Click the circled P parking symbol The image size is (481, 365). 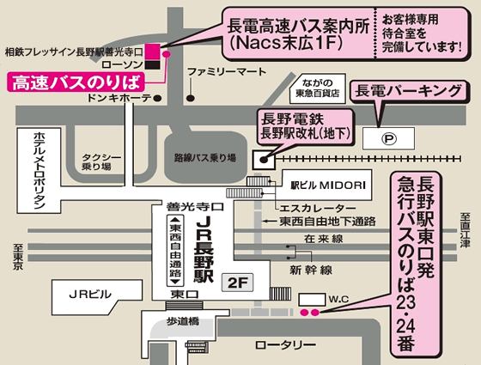[388, 138]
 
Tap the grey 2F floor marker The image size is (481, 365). [237, 283]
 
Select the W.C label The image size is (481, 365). [338, 299]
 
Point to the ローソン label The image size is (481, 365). [122, 64]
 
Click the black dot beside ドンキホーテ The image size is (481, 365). [157, 98]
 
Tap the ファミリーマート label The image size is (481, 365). [227, 72]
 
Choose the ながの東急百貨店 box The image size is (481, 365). [318, 88]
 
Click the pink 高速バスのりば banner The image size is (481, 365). [76, 82]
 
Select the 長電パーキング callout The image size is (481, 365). [408, 91]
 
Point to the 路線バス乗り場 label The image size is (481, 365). [205, 158]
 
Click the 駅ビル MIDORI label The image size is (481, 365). [328, 186]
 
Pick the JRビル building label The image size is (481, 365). [90, 295]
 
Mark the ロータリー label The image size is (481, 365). [285, 345]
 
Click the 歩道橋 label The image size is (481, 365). [183, 321]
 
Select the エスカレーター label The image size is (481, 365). [318, 208]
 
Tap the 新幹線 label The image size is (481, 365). [311, 271]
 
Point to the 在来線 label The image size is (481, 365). [324, 239]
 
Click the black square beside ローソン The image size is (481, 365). [153, 64]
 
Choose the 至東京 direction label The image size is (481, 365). [18, 257]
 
